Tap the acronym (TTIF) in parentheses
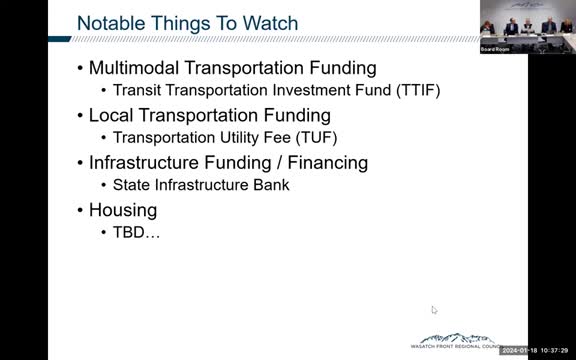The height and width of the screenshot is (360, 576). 415,90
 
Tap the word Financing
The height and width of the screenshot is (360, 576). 326,162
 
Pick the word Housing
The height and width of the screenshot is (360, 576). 123,210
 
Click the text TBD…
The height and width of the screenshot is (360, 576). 136,232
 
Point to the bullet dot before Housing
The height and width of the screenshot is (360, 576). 80,211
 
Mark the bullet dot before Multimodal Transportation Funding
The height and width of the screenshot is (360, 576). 80,69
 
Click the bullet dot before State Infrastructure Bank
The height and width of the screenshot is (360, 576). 104,185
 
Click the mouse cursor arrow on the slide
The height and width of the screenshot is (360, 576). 434,310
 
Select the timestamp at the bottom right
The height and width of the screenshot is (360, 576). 537,350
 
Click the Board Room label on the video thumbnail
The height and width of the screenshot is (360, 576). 495,47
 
